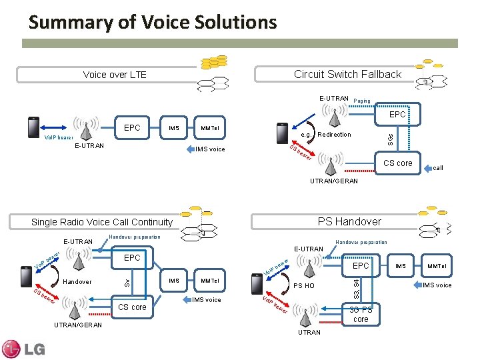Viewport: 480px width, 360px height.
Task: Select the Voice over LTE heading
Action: pyautogui.click(x=115, y=75)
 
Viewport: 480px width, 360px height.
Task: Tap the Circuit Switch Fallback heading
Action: pyautogui.click(x=347, y=74)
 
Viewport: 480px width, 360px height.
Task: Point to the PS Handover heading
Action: pyautogui.click(x=349, y=221)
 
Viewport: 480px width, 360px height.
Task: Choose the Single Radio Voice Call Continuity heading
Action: pyautogui.click(x=102, y=222)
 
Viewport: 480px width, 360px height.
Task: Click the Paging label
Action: pyautogui.click(x=362, y=101)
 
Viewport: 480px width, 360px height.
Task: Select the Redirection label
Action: pyautogui.click(x=335, y=135)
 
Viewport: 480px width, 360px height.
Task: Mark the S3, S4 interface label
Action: pyautogui.click(x=357, y=289)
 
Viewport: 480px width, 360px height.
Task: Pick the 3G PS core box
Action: pyautogui.click(x=361, y=314)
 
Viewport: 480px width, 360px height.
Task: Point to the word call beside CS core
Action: pyautogui.click(x=438, y=168)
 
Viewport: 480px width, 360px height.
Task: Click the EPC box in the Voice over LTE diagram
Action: pyautogui.click(x=132, y=127)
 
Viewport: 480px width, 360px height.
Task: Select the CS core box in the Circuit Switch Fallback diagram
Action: pyautogui.click(x=397, y=163)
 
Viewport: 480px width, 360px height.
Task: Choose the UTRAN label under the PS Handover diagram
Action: pyautogui.click(x=309, y=332)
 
